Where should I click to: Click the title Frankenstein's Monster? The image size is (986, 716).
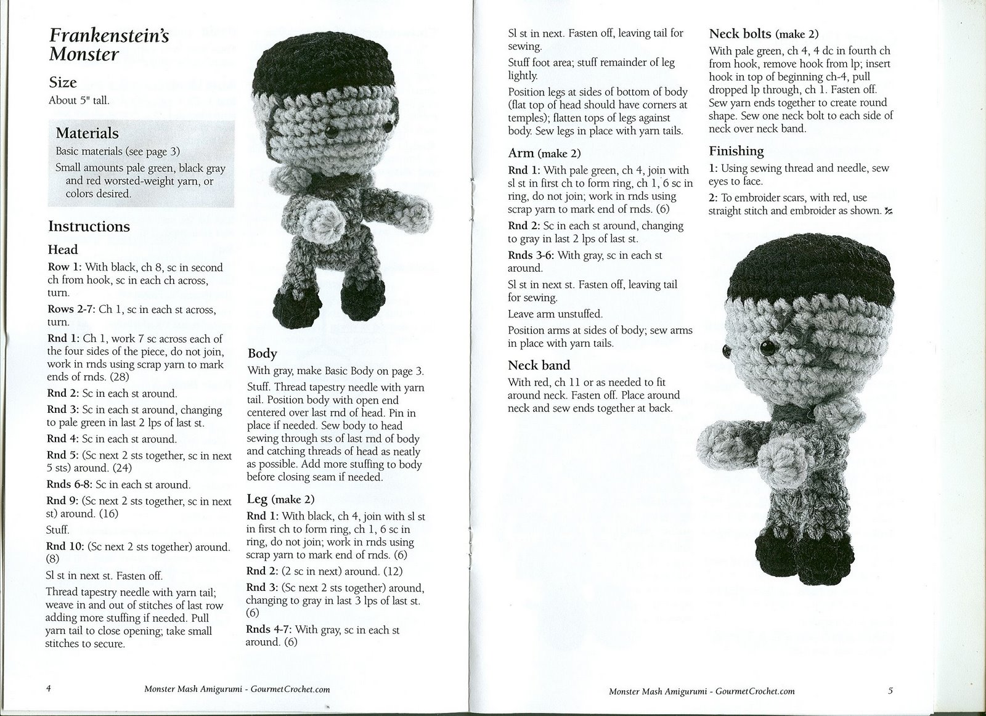[108, 45]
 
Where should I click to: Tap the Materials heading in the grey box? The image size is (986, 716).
[87, 133]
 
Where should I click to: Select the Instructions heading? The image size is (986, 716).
[89, 227]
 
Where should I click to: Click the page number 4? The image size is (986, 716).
[49, 688]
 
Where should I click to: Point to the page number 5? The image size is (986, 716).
[890, 691]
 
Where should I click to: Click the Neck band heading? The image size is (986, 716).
[539, 365]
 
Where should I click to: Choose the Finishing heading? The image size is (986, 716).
[736, 151]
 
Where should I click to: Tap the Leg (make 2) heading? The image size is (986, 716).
[280, 498]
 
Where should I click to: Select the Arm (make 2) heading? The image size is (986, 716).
[544, 153]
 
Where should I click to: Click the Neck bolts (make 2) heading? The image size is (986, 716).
[764, 34]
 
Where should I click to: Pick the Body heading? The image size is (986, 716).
[262, 353]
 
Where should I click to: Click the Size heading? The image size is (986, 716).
[63, 83]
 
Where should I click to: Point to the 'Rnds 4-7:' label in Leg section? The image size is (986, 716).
[269, 629]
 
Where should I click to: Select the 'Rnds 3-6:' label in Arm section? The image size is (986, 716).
[531, 255]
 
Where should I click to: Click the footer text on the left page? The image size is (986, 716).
[237, 690]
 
